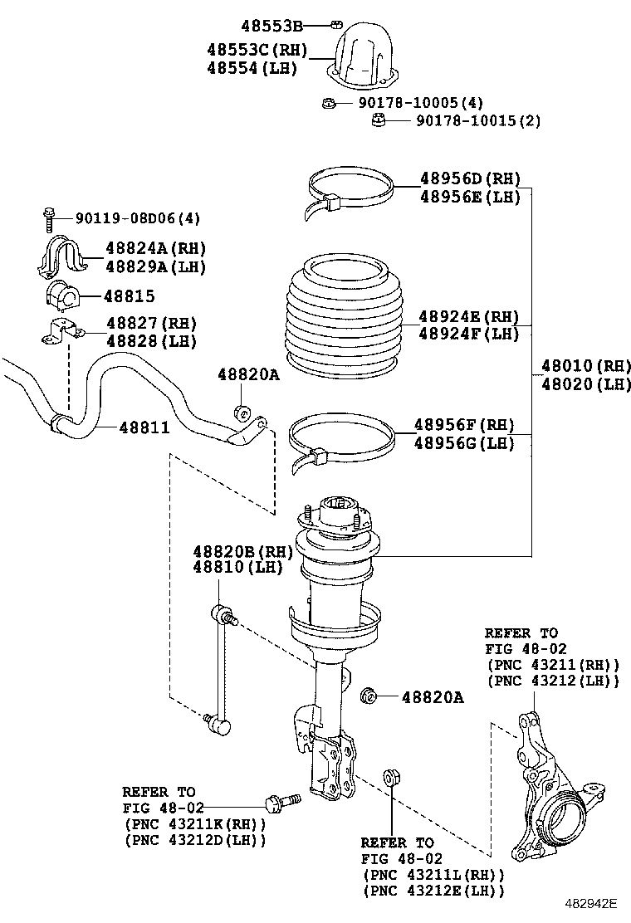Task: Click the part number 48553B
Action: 271,25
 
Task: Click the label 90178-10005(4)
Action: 420,103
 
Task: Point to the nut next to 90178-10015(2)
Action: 379,120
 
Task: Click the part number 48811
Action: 144,427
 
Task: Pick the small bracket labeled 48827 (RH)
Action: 61,330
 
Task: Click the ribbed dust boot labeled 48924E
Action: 345,318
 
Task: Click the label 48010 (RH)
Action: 585,365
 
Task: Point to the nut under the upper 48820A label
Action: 242,413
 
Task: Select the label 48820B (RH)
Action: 243,552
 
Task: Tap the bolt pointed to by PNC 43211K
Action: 283,802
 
